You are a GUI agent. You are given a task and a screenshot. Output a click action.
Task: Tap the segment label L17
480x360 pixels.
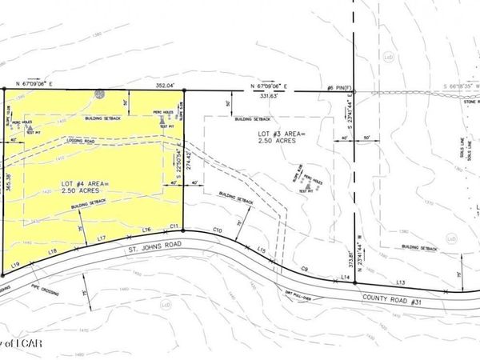point(101,238)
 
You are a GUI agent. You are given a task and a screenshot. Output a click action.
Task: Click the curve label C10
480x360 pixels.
point(216,230)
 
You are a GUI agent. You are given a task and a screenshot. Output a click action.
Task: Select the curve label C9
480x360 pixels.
point(304,268)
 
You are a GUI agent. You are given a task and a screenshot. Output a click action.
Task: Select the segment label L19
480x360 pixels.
point(15,264)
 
